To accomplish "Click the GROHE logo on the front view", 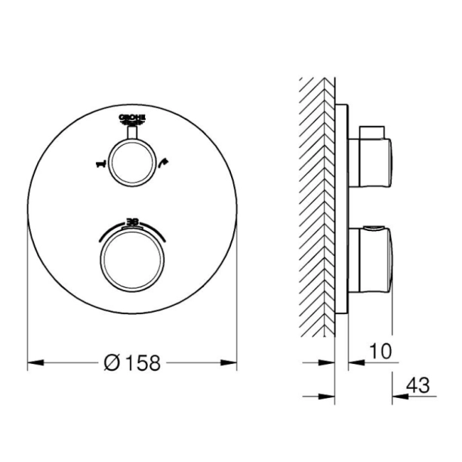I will (133, 119).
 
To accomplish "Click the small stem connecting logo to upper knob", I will (133, 134).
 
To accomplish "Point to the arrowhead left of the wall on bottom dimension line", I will (328, 395).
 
